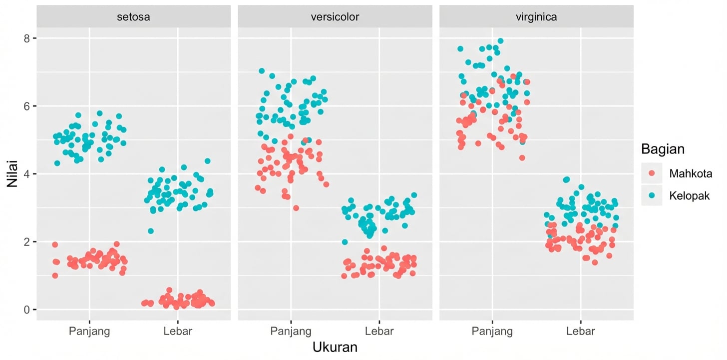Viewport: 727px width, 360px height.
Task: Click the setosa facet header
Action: point(133,17)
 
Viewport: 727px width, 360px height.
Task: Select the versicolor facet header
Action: point(335,17)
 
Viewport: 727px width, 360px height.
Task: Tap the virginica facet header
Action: point(536,17)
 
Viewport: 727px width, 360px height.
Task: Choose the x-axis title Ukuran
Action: point(335,347)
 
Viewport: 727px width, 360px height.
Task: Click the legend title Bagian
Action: point(663,149)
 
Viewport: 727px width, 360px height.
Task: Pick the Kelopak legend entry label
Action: point(689,195)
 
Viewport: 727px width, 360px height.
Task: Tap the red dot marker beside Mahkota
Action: point(652,173)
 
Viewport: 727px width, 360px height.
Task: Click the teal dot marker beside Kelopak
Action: point(652,195)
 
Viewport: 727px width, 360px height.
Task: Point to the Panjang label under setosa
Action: point(89,331)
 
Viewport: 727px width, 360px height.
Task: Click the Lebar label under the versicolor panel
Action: point(379,331)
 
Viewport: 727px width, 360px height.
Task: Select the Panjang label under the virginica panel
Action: point(492,331)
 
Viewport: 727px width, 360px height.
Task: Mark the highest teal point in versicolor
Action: point(262,71)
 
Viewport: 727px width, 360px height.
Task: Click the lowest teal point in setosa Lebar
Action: point(151,231)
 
